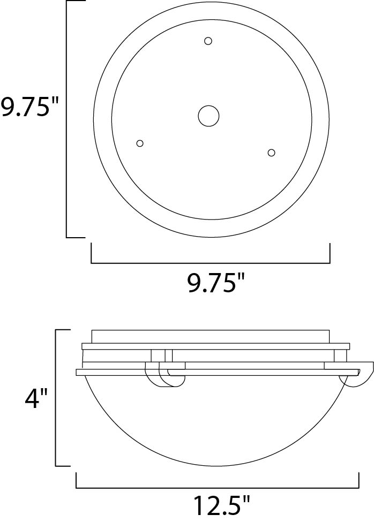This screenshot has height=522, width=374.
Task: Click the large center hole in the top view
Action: (208, 116)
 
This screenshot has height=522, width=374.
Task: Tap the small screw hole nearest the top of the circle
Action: (208, 41)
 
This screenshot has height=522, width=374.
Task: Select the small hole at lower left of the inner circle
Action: (140, 143)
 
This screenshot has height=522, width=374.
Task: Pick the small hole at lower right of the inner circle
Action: (271, 153)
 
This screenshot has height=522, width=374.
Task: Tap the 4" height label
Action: (36, 398)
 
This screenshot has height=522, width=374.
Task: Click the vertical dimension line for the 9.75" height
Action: (66, 119)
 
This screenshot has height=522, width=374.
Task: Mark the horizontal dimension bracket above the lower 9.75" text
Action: (210, 263)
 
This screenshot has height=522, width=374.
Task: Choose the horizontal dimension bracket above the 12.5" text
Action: (217, 488)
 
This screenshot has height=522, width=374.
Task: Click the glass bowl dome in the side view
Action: (217, 423)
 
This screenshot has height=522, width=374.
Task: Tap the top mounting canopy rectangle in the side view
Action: (210, 336)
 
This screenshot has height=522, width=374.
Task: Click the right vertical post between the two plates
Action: (340, 355)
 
